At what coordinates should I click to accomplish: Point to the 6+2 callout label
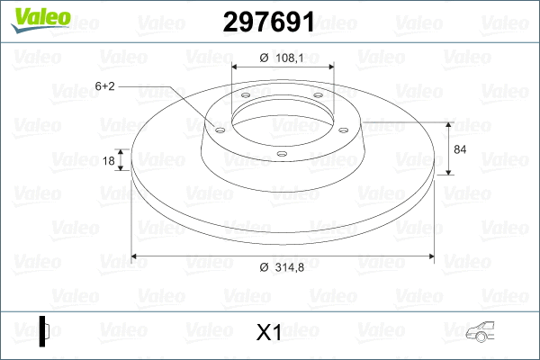tap(104, 86)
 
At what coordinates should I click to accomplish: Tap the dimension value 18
tap(110, 161)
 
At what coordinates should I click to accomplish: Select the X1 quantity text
tap(269, 333)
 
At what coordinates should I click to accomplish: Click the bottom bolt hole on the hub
tap(281, 154)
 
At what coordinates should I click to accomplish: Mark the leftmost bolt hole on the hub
tap(219, 128)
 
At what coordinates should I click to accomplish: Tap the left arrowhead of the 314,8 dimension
tap(136, 256)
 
